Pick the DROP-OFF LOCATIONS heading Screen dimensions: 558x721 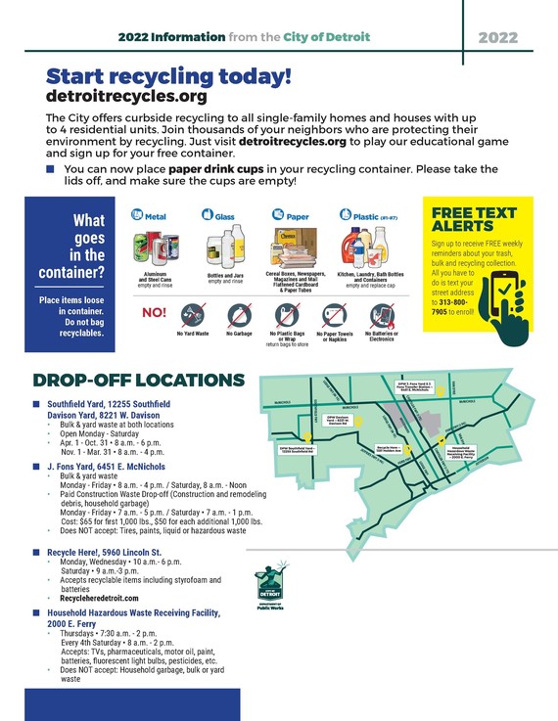[x=138, y=380]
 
